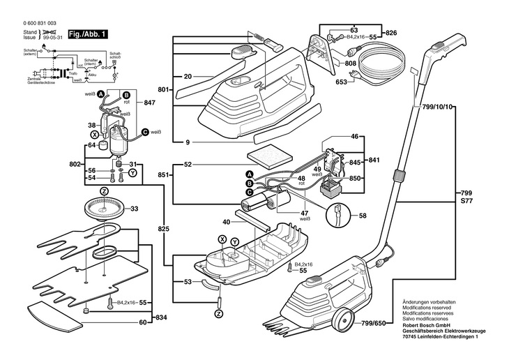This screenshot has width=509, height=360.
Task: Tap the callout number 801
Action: [165, 89]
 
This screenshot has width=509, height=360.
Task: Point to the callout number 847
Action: [149, 102]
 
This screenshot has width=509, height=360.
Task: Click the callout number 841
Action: [374, 160]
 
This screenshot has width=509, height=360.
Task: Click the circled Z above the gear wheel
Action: [103, 190]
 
